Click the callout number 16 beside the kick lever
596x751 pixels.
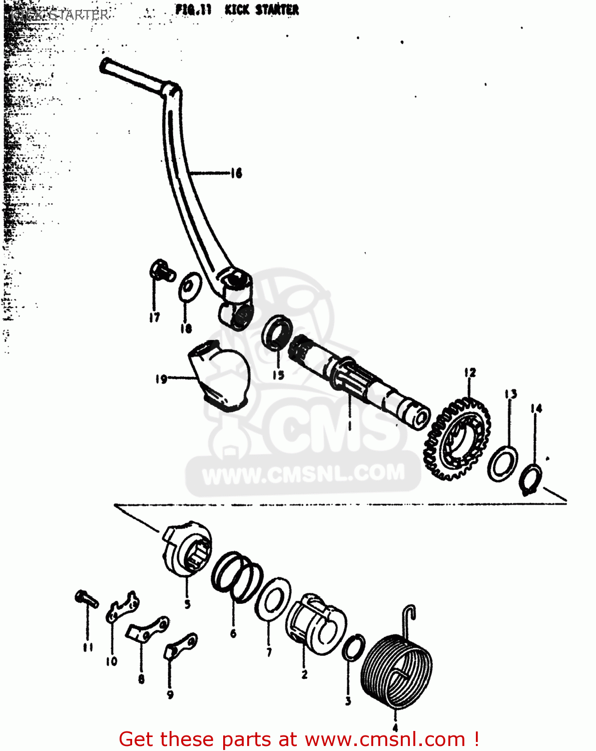coord(236,173)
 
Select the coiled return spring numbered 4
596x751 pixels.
coord(396,671)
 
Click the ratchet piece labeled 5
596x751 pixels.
coord(186,549)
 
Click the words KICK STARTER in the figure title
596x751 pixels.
coord(262,10)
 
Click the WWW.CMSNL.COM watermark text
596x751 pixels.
coord(303,474)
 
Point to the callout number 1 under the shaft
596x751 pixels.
coord(350,426)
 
